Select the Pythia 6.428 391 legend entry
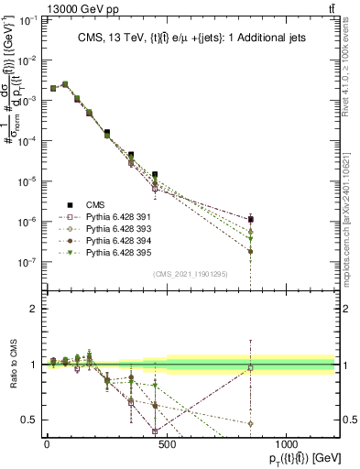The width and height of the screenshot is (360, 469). pyautogui.click(x=103, y=218)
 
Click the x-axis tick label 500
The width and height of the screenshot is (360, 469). pyautogui.click(x=167, y=442)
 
